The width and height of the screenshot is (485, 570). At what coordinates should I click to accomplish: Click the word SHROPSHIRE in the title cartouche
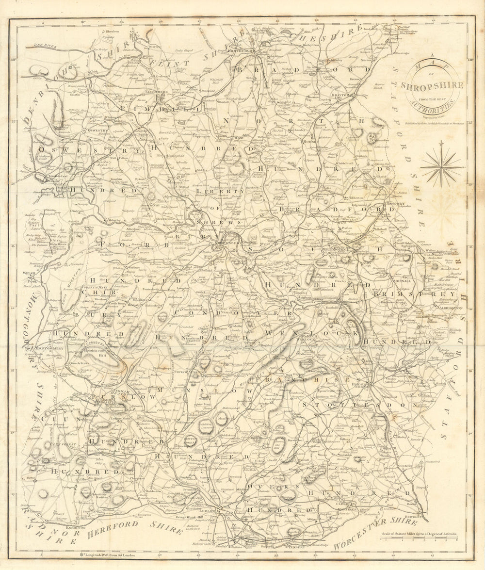point(432,85)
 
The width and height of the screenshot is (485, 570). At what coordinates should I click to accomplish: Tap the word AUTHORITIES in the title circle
point(432,103)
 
